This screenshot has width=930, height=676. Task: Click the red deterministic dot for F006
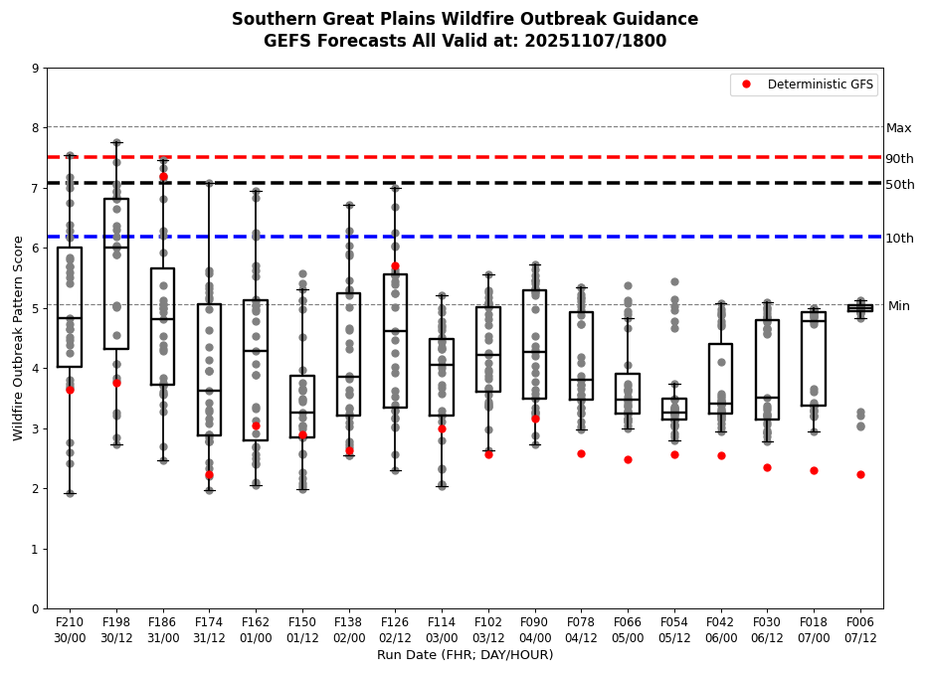pos(860,474)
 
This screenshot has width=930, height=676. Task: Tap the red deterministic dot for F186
pos(163,177)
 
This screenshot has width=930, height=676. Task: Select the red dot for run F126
pos(395,266)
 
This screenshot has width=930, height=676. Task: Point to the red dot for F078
pos(581,453)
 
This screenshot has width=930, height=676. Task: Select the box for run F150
pos(302,406)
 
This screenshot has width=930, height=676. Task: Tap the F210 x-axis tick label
pos(70,621)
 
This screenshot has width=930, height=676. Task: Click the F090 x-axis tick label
pos(535,621)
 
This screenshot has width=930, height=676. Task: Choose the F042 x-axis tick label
pos(721,621)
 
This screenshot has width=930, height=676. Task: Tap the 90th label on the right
pos(899,159)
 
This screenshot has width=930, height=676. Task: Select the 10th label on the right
pos(899,239)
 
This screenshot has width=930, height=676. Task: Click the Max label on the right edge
pos(898,128)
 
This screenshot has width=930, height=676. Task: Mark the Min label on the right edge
pos(898,306)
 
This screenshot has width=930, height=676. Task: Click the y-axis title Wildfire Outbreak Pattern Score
pos(18,338)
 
